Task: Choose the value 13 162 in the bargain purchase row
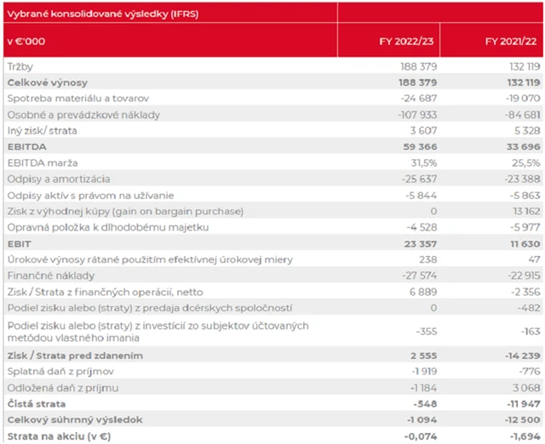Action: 520,212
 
